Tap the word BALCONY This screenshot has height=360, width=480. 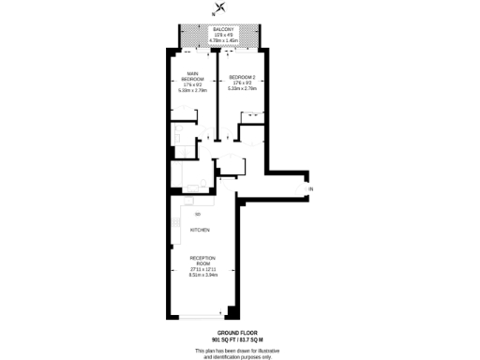pos(224,30)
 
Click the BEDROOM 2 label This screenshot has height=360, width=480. pos(242,77)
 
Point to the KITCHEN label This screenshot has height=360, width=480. pos(200,230)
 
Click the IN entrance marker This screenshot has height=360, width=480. pos(310,190)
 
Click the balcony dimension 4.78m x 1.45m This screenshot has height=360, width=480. pos(224,42)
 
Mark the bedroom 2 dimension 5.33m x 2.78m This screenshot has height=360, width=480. pos(242,88)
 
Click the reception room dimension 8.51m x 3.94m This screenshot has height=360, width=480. pos(202,275)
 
